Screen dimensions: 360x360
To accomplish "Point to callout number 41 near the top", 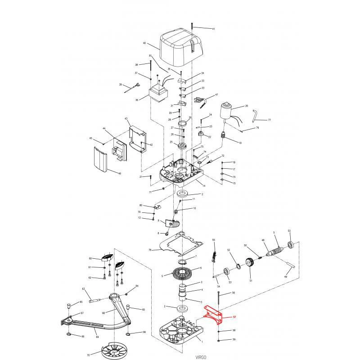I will pos(213,29).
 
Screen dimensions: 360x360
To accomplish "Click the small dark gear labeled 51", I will pos(249,263).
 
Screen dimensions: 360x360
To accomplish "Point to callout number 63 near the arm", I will pos(83,289).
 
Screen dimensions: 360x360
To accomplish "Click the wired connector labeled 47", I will pos(200,101).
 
